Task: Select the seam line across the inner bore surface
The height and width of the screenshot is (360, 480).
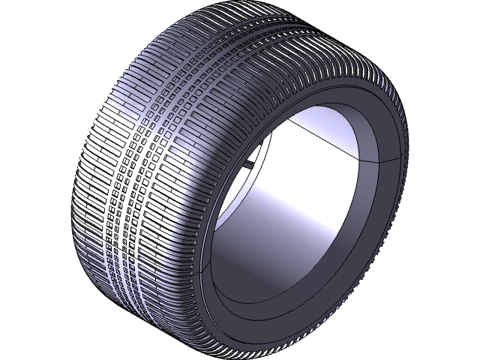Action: [x=322, y=139]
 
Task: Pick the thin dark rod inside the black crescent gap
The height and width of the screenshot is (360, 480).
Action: [x=244, y=164]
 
